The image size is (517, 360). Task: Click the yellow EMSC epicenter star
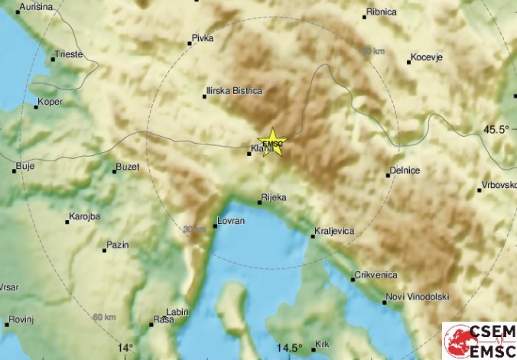click(272, 142)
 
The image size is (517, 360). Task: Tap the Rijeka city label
click(273, 198)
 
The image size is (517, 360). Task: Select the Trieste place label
click(67, 54)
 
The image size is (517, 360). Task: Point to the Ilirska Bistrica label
click(234, 91)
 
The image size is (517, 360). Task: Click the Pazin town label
click(118, 245)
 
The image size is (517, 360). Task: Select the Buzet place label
click(128, 167)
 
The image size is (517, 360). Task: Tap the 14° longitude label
click(125, 348)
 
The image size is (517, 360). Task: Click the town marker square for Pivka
click(190, 44)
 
